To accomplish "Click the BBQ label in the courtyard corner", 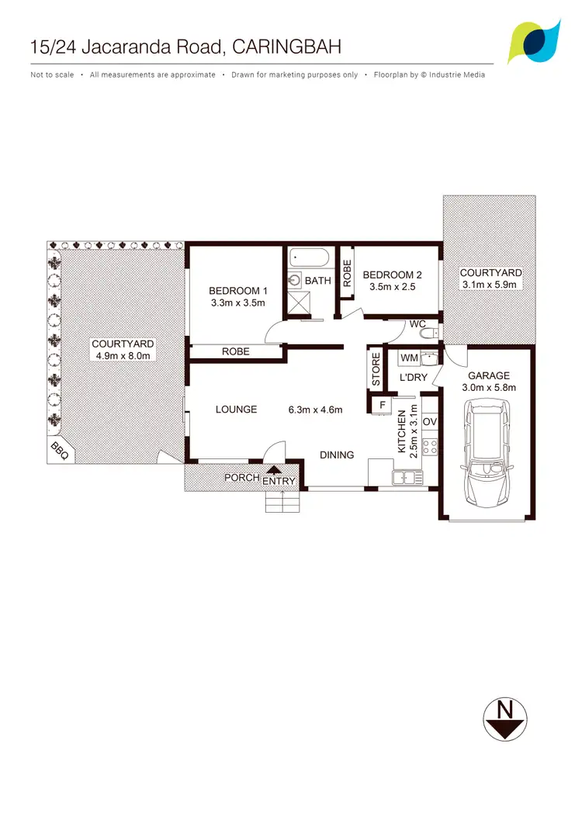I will click(x=59, y=449).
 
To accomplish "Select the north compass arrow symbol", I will click(x=505, y=718).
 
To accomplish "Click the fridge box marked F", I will click(x=382, y=405).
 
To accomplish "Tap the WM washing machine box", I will click(x=408, y=358).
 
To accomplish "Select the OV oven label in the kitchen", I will click(x=431, y=421).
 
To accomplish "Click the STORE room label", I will click(x=376, y=370).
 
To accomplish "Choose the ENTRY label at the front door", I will click(x=279, y=481).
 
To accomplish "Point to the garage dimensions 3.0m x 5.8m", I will click(x=489, y=387).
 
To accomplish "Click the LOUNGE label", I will click(x=236, y=409).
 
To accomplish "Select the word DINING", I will click(x=337, y=455).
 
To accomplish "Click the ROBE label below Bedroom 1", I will click(x=236, y=351).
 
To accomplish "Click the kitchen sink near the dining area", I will click(x=408, y=477).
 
